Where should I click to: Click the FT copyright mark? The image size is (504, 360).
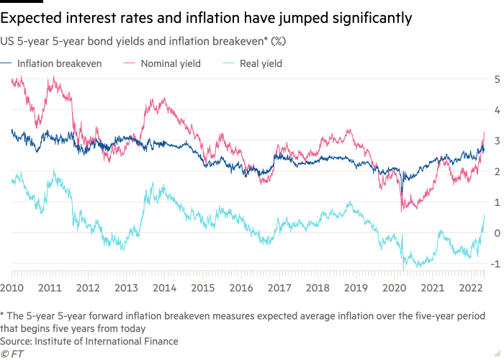pyautogui.click(x=11, y=354)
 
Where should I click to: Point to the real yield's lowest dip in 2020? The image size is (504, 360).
pyautogui.click(x=403, y=288)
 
